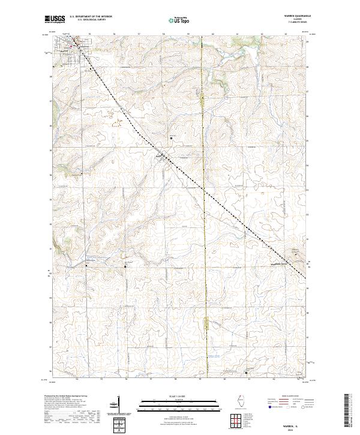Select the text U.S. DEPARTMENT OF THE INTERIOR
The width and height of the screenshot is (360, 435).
point(91,16)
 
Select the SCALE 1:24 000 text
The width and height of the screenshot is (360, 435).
point(179,396)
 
